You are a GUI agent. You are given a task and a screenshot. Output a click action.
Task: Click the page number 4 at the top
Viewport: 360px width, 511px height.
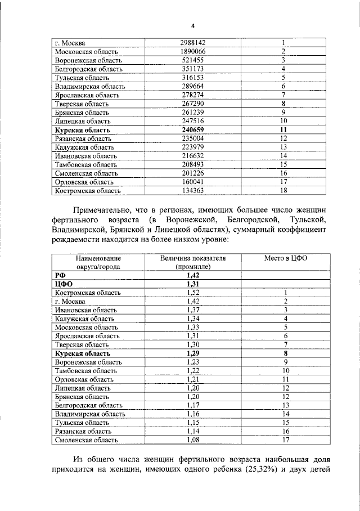point(192,26)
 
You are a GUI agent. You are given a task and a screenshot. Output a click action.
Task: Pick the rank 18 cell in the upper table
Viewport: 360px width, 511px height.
point(283,191)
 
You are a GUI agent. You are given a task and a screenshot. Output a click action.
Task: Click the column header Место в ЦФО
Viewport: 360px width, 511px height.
point(283,258)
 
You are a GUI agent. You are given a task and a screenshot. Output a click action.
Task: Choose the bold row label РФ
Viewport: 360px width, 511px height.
point(59,275)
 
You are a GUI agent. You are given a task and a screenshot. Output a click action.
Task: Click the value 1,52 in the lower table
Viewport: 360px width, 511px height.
point(192,293)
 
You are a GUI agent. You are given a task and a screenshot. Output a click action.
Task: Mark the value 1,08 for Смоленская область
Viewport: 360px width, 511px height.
point(192,440)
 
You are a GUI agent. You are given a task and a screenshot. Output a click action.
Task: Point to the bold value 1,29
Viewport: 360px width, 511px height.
point(192,353)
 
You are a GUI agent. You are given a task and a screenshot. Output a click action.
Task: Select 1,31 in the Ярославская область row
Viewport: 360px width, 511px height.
point(192,336)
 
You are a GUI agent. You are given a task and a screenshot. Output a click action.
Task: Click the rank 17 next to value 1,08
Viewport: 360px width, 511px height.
point(285,440)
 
